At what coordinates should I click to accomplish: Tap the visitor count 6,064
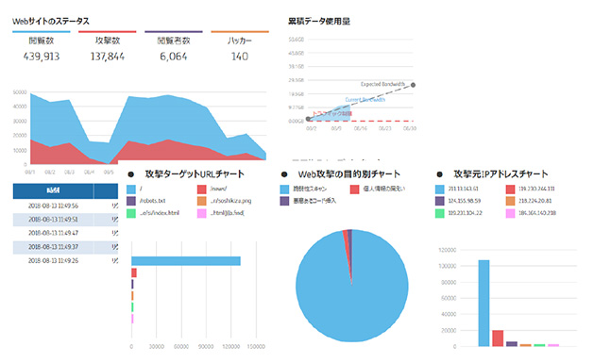coord(173,57)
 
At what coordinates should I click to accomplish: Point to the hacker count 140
coord(240,57)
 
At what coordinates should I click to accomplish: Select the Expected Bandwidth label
coord(382,85)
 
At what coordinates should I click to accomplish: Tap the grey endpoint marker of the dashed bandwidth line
coord(413,85)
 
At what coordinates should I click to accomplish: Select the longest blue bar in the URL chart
coord(186,261)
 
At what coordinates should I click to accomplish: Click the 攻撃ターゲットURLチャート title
coord(195,174)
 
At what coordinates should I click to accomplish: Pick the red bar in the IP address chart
coord(498,338)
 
